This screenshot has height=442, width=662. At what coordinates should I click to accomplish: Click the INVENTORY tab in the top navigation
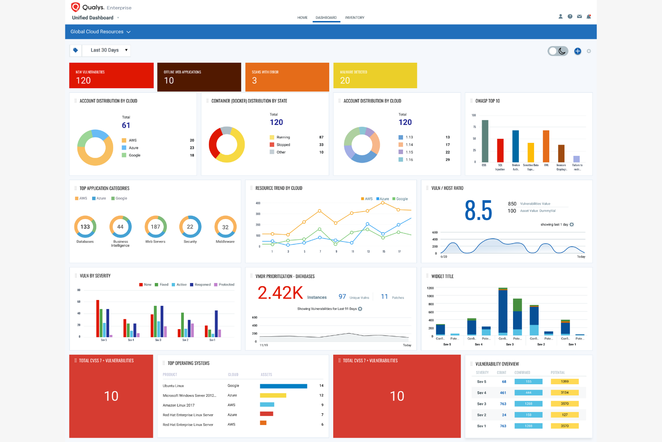tap(354, 18)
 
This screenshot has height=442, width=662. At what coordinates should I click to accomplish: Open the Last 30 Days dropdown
tap(109, 50)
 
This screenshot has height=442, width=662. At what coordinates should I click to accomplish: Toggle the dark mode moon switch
tap(558, 51)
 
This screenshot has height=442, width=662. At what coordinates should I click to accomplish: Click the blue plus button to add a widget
tap(577, 51)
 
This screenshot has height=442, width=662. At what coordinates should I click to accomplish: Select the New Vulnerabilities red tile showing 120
tap(111, 76)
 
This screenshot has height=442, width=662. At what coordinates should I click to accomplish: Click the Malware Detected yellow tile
tap(375, 76)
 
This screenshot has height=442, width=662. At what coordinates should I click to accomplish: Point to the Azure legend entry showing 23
tap(133, 148)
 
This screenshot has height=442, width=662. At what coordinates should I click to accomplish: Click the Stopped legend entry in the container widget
tap(283, 145)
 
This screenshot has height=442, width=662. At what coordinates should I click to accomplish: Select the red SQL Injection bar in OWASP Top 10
tap(500, 150)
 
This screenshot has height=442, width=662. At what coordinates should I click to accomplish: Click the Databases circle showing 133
tap(85, 227)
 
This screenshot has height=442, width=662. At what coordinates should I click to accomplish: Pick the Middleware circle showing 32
tap(225, 227)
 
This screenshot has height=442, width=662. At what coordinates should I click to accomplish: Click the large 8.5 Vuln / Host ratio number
tap(478, 211)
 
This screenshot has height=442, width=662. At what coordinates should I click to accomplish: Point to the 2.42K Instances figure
tap(280, 293)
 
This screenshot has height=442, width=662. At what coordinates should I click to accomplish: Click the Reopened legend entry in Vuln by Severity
tap(202, 285)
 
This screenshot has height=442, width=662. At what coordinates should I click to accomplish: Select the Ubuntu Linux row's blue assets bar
tap(283, 386)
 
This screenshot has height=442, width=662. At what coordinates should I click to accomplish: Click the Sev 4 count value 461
tap(503, 393)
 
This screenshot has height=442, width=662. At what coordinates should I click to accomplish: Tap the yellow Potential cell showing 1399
tap(564, 382)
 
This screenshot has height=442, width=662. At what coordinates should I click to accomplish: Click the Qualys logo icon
tap(76, 7)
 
